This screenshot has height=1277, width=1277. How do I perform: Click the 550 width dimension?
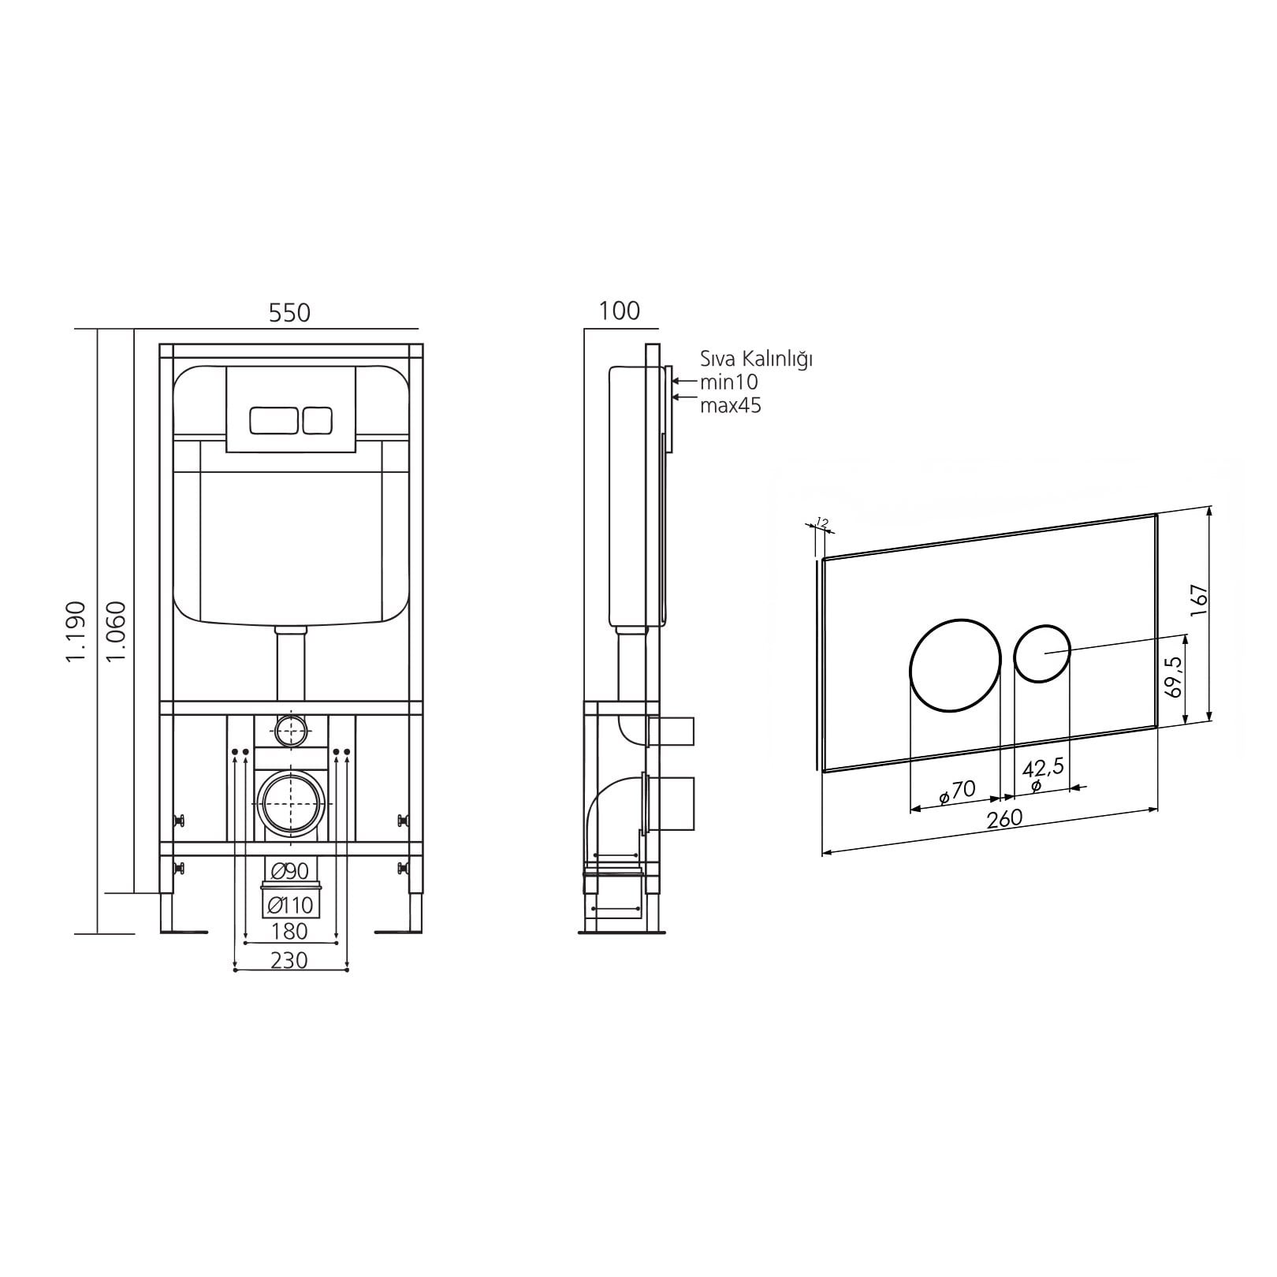[x=290, y=313]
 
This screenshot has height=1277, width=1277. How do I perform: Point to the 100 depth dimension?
[x=620, y=311]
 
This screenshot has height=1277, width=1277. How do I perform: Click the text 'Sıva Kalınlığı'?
[x=757, y=359]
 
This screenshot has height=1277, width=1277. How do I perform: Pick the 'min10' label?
[x=729, y=383]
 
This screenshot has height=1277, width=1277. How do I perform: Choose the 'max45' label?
[x=731, y=406]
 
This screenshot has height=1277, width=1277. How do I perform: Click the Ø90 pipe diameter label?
[x=289, y=871]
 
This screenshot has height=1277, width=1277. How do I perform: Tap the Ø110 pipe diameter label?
[x=289, y=905]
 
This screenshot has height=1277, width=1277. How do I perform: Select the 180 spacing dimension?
[x=289, y=931]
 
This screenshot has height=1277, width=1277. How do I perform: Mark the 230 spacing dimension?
[x=289, y=960]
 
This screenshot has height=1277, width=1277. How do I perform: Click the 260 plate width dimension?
[x=1004, y=818]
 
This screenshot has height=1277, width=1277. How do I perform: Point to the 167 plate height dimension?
[x=1198, y=601]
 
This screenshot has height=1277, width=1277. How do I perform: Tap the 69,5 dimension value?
[x=1173, y=676]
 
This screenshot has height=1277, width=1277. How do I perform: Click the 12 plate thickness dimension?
[x=821, y=522]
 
